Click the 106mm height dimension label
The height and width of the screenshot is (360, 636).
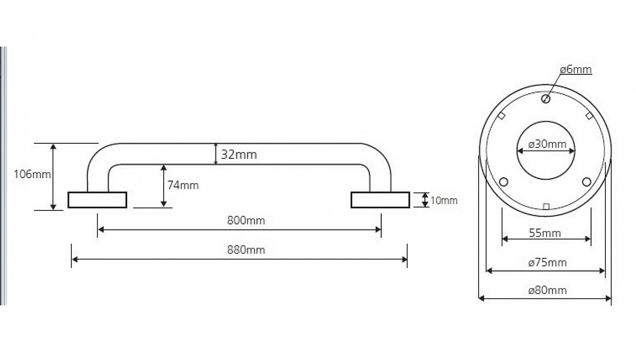tap(32, 174)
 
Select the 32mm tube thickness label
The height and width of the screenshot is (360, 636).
tap(239, 154)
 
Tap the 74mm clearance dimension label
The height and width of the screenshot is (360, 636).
tap(183, 185)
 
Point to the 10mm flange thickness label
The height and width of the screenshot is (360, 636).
tap(444, 201)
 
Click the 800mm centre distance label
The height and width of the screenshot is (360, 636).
tap(246, 220)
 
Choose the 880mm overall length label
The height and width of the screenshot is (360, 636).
tap(246, 250)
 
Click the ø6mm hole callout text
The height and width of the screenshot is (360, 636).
tap(576, 69)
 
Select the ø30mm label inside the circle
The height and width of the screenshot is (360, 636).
tap(547, 144)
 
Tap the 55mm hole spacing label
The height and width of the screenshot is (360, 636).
tap(545, 233)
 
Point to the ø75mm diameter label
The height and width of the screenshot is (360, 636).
tap(547, 262)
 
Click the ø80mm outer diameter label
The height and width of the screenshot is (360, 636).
tap(547, 290)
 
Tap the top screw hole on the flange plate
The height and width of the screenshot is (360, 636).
tap(545, 99)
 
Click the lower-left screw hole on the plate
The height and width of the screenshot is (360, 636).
tap(503, 182)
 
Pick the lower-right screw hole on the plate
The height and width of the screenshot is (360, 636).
tap(586, 182)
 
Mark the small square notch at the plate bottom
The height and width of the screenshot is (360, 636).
tap(546, 207)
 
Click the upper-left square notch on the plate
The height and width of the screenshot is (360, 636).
tap(502, 116)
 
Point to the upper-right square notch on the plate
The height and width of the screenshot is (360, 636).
tap(589, 116)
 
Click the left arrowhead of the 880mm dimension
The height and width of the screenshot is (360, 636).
tap(75, 259)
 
